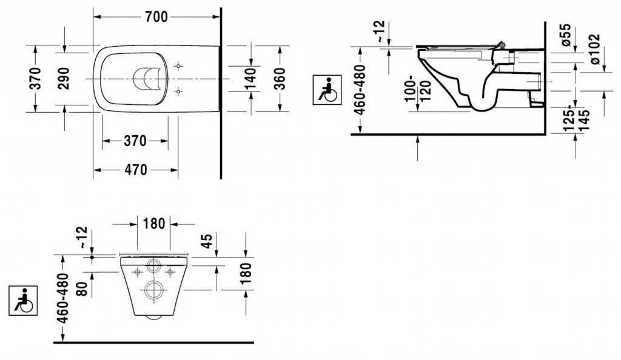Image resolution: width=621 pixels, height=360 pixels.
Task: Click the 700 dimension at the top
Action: (156, 18)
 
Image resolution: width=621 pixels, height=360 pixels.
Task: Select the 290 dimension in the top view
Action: (64, 78)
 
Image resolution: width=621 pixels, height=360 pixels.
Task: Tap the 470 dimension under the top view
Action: (135, 170)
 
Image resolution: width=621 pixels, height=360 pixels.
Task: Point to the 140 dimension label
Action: (250, 78)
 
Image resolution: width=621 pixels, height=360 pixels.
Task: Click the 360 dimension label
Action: (279, 78)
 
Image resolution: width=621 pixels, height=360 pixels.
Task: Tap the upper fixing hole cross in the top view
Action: (178, 65)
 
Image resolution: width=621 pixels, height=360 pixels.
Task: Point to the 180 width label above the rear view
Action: (154, 223)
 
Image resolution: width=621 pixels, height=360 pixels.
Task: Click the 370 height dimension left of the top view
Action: (35, 78)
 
